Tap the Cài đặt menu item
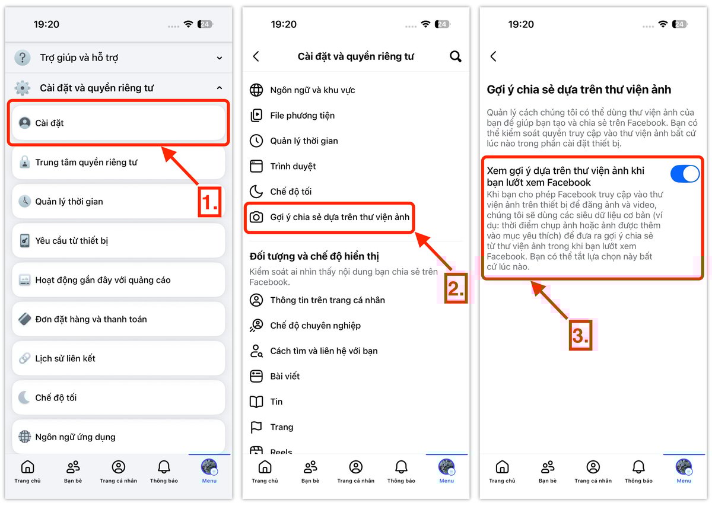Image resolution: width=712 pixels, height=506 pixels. click(x=118, y=123)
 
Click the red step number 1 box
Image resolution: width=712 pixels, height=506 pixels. click(x=209, y=202)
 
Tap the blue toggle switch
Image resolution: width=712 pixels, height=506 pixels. click(x=685, y=174)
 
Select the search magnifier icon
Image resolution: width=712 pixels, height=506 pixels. click(x=455, y=56)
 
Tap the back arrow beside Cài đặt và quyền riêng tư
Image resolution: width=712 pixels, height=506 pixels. click(x=256, y=56)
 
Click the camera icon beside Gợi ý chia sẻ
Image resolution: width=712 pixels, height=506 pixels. click(x=256, y=217)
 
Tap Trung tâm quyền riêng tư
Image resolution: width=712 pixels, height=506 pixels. click(x=118, y=163)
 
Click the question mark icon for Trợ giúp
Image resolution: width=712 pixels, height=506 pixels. click(x=23, y=58)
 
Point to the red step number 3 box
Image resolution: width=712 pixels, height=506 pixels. click(x=580, y=335)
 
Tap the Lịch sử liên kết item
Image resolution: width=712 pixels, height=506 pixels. click(x=118, y=358)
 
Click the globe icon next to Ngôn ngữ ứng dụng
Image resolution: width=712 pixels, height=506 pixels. click(x=24, y=437)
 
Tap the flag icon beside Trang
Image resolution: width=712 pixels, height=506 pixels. click(x=256, y=427)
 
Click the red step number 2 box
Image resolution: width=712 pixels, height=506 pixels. click(x=456, y=288)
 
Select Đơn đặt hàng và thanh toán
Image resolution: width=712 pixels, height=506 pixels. click(x=118, y=319)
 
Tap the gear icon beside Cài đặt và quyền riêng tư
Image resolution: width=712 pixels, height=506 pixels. click(x=23, y=88)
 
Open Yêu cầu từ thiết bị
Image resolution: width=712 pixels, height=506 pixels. click(x=118, y=241)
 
